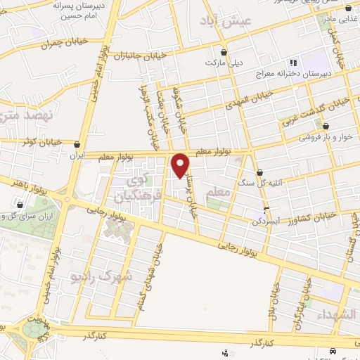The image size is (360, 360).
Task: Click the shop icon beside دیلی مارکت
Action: tap(224, 51)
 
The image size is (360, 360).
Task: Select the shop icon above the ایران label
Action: tap(76, 144)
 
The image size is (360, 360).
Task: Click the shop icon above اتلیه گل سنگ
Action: tap(259, 172)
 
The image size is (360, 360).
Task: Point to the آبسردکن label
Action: tap(264, 220)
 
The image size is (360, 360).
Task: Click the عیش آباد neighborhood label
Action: tap(226, 20)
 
